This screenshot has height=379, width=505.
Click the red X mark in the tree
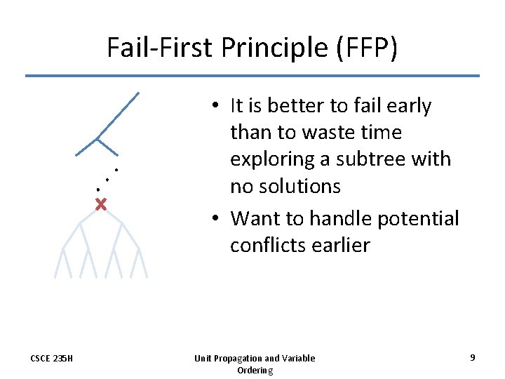(101, 205)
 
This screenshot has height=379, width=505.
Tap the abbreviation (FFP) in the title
(367, 48)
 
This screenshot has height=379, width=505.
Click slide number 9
(473, 358)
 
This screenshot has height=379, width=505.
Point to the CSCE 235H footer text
(51, 359)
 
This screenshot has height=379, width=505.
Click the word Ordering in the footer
(255, 370)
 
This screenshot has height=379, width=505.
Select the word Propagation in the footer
(243, 359)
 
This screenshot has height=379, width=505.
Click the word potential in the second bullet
(418, 218)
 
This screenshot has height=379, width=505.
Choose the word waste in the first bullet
(330, 133)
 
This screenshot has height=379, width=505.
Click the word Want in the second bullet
(252, 218)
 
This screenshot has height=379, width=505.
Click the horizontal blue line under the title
(252, 76)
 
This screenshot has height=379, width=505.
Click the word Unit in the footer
(204, 359)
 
